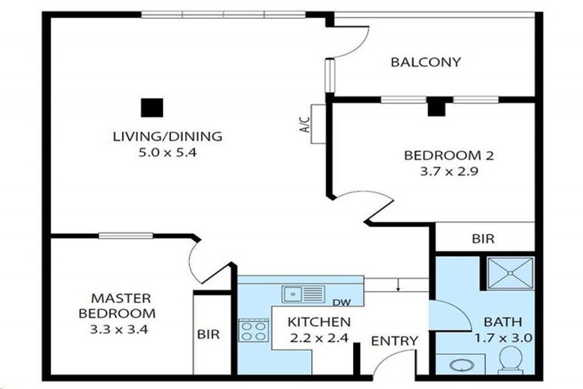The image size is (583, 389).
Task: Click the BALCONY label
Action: point(426,62)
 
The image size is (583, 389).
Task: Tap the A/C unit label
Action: point(304,125)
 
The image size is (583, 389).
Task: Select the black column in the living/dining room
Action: point(152,108)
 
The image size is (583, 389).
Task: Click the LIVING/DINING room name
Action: point(167,136)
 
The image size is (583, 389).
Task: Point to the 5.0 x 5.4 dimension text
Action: point(167,153)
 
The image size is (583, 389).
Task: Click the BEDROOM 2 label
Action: point(449,155)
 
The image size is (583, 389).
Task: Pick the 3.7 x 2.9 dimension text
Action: point(449,172)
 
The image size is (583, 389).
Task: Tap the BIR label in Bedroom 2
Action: point(484,239)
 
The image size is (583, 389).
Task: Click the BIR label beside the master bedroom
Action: point(208,334)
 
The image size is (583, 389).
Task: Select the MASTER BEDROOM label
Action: point(117,305)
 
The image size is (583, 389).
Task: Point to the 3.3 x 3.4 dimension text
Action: point(119,330)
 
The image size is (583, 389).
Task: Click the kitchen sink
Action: point(304,294)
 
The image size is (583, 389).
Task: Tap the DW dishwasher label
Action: point(342,302)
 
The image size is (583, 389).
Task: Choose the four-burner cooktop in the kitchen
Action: point(254,330)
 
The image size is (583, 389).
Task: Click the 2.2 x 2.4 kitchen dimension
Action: point(319,338)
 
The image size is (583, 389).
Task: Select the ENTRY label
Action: point(395,341)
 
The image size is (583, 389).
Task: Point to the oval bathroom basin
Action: point(461,365)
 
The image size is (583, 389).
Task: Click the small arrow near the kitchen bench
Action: point(399,284)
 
